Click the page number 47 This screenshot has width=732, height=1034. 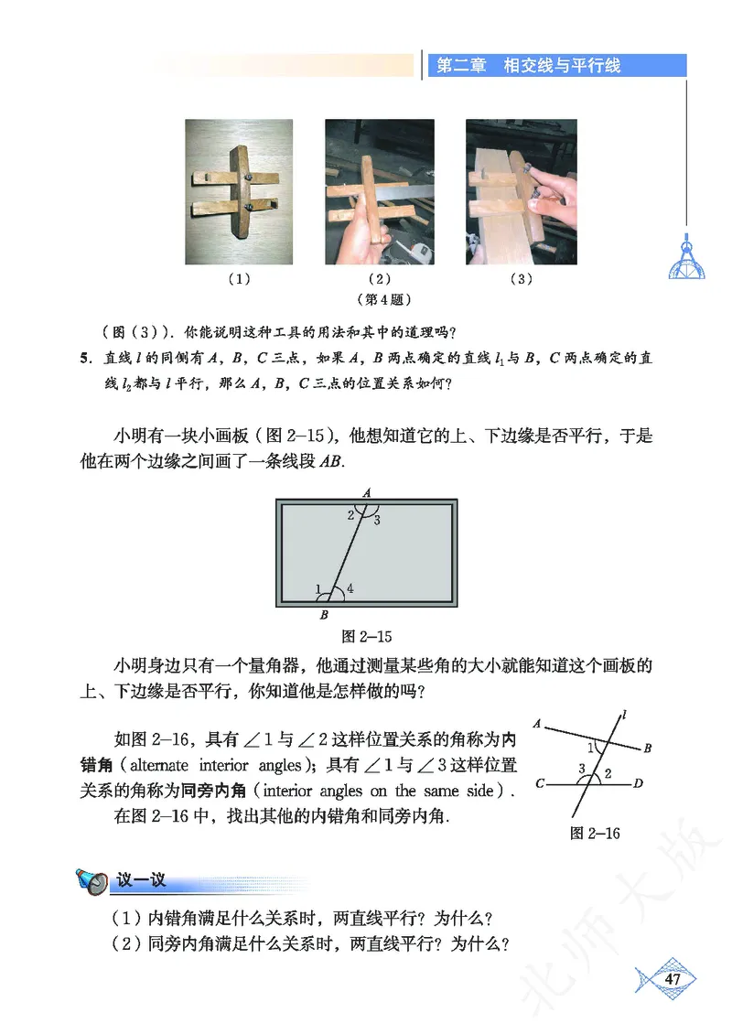(673, 980)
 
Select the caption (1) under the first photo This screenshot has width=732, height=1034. (239, 279)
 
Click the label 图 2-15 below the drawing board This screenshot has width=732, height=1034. (366, 635)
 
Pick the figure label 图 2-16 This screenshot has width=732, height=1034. (595, 833)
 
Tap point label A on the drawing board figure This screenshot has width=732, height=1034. (367, 493)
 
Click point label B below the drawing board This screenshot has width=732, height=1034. (324, 615)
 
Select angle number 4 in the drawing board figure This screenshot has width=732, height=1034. (350, 588)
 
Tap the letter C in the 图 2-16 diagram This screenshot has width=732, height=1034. (542, 784)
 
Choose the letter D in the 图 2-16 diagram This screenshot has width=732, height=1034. (639, 783)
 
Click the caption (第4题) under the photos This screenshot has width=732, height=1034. (378, 299)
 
